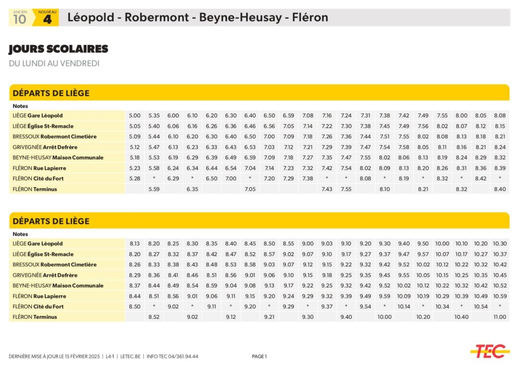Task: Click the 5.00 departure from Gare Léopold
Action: pos(134,115)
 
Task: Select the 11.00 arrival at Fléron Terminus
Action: pos(500,317)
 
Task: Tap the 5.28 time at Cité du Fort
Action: pos(134,178)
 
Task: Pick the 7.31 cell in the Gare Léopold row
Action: pos(365,115)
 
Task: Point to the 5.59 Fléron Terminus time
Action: pos(154,189)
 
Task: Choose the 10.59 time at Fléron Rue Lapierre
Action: pos(500,296)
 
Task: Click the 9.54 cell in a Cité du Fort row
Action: pos(365,307)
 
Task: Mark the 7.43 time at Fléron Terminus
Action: pos(327,189)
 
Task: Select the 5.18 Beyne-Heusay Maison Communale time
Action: pos(134,157)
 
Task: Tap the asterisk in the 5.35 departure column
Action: pos(154,178)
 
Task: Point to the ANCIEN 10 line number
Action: pos(20,19)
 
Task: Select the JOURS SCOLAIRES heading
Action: pos(58,49)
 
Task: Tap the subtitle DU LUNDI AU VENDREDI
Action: pos(54,63)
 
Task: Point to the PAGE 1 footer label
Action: pos(259,356)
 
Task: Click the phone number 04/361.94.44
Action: pos(182,356)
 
